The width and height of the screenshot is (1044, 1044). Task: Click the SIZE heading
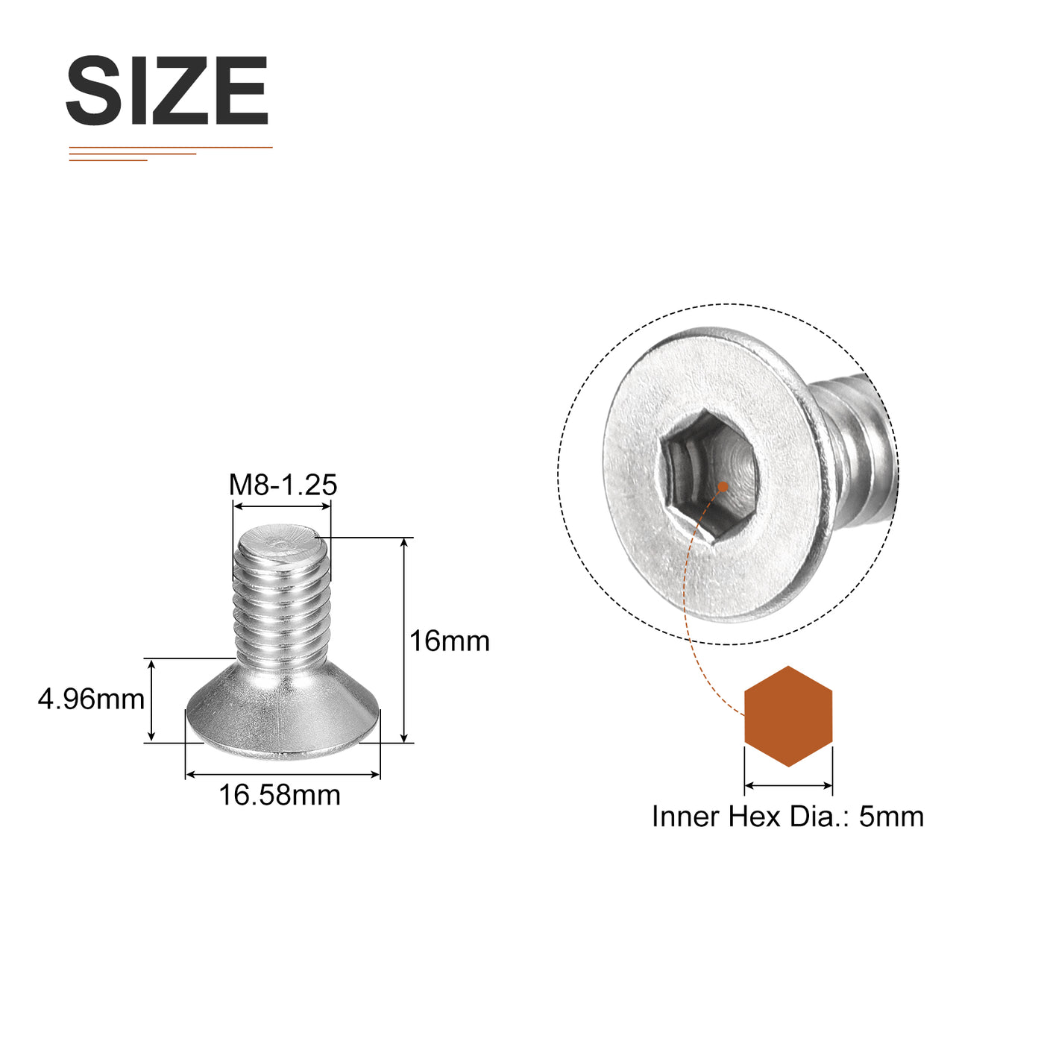(167, 90)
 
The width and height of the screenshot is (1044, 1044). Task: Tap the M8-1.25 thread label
(283, 485)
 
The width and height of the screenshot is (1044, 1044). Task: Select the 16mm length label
(450, 641)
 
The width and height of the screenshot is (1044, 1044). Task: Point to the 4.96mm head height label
(91, 699)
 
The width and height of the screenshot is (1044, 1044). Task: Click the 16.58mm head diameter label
(280, 796)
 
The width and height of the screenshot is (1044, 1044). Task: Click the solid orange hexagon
(788, 716)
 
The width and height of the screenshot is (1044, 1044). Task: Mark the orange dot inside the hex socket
(723, 486)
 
